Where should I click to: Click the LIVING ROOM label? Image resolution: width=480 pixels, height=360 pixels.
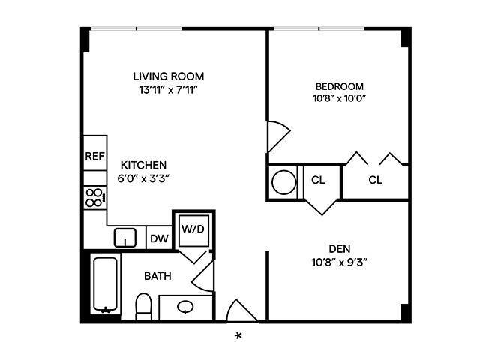tap(168, 76)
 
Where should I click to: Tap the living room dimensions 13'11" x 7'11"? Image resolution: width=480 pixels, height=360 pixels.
tap(168, 90)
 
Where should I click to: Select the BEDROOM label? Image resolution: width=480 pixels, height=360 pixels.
tap(339, 85)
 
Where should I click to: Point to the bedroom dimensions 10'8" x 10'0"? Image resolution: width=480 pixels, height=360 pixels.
tap(339, 98)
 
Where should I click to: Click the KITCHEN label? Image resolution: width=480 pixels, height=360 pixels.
tap(144, 165)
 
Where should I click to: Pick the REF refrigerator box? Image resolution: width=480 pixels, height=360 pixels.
tap(94, 157)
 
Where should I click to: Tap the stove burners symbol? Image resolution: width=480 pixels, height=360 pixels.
tap(94, 198)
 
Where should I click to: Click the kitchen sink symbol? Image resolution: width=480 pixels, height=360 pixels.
tap(124, 238)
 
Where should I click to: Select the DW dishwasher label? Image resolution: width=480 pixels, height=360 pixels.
tap(158, 238)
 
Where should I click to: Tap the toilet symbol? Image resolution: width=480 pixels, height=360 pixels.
tap(143, 306)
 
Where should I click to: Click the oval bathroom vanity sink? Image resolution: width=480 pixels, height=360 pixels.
tap(186, 307)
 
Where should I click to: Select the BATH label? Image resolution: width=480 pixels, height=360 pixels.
tap(157, 276)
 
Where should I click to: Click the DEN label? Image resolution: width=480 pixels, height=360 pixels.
tap(340, 249)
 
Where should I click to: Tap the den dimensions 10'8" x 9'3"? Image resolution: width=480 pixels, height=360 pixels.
tap(340, 262)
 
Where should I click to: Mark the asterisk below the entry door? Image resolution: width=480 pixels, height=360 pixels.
tap(238, 336)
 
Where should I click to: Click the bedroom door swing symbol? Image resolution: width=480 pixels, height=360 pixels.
tap(277, 137)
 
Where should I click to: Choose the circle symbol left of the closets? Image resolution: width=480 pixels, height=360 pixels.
tap(283, 182)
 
